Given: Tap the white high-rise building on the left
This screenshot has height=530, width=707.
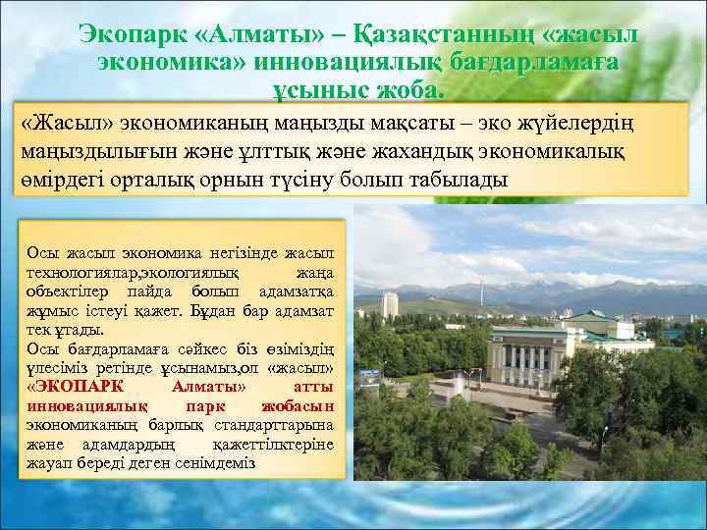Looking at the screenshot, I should tap(390, 304).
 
